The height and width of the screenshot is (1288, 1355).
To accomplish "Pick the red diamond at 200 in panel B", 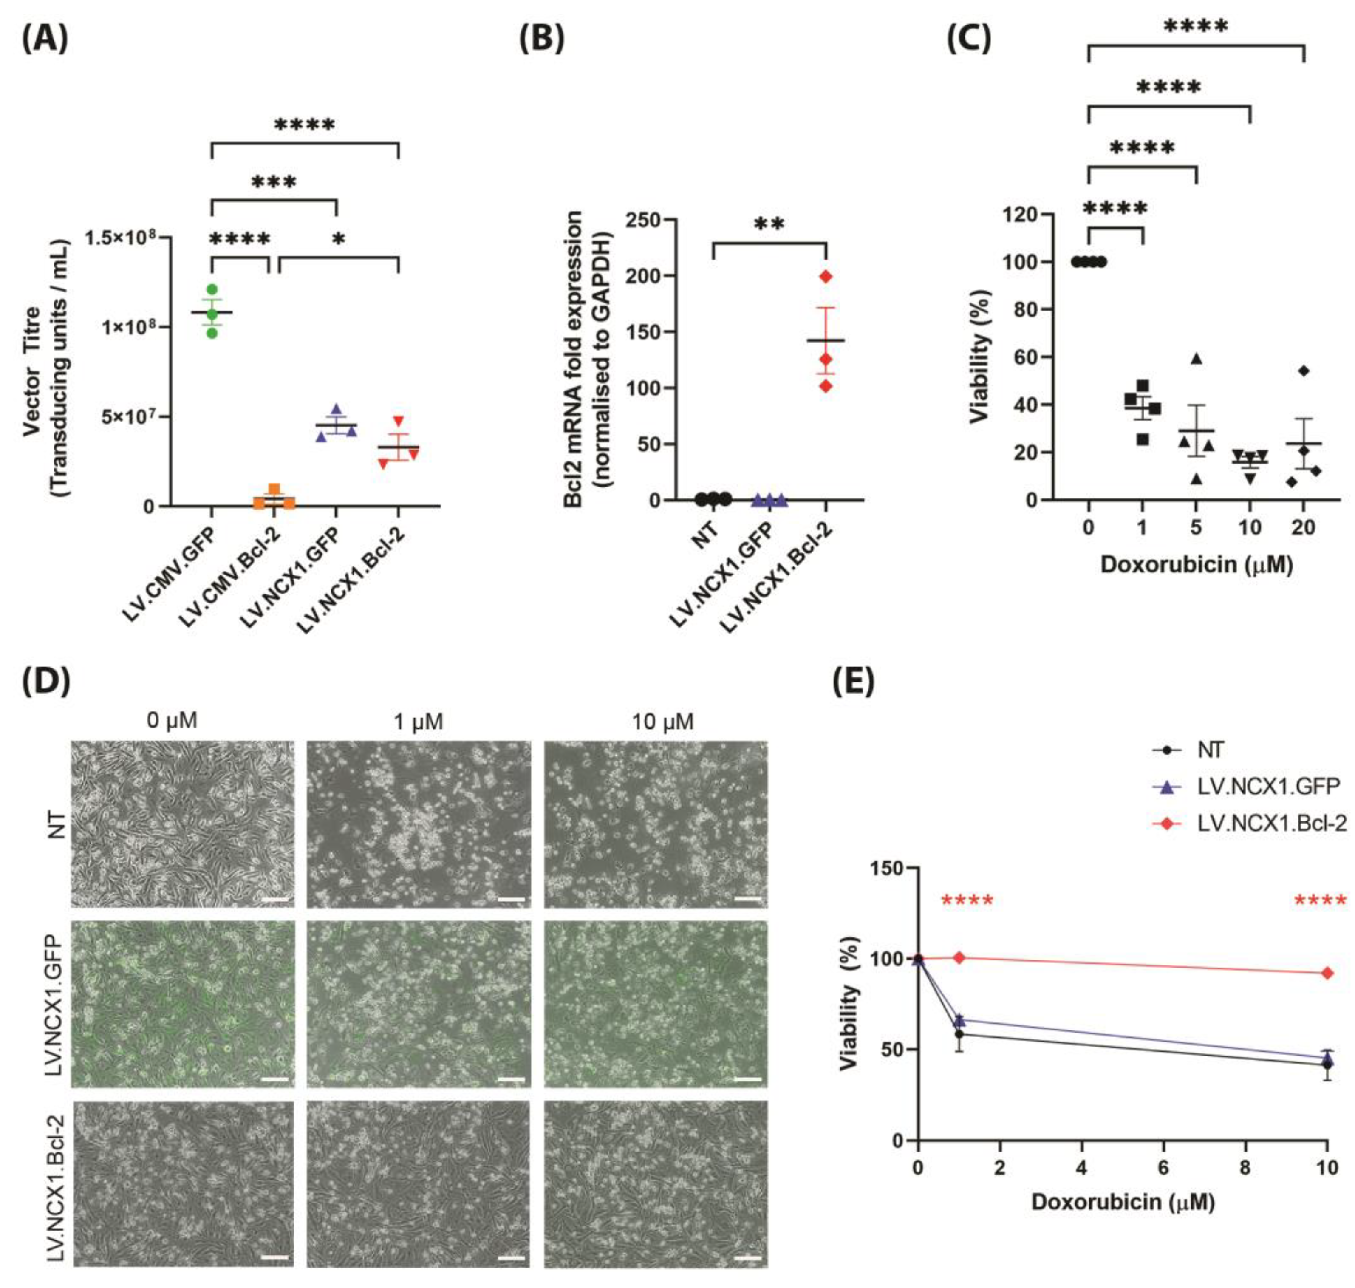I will point(826,277).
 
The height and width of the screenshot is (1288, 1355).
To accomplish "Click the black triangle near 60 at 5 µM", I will point(1197,358).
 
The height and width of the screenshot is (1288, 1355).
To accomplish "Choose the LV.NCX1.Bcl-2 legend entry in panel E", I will point(1270,823).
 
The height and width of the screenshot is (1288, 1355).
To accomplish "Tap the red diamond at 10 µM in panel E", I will point(1327,973).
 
